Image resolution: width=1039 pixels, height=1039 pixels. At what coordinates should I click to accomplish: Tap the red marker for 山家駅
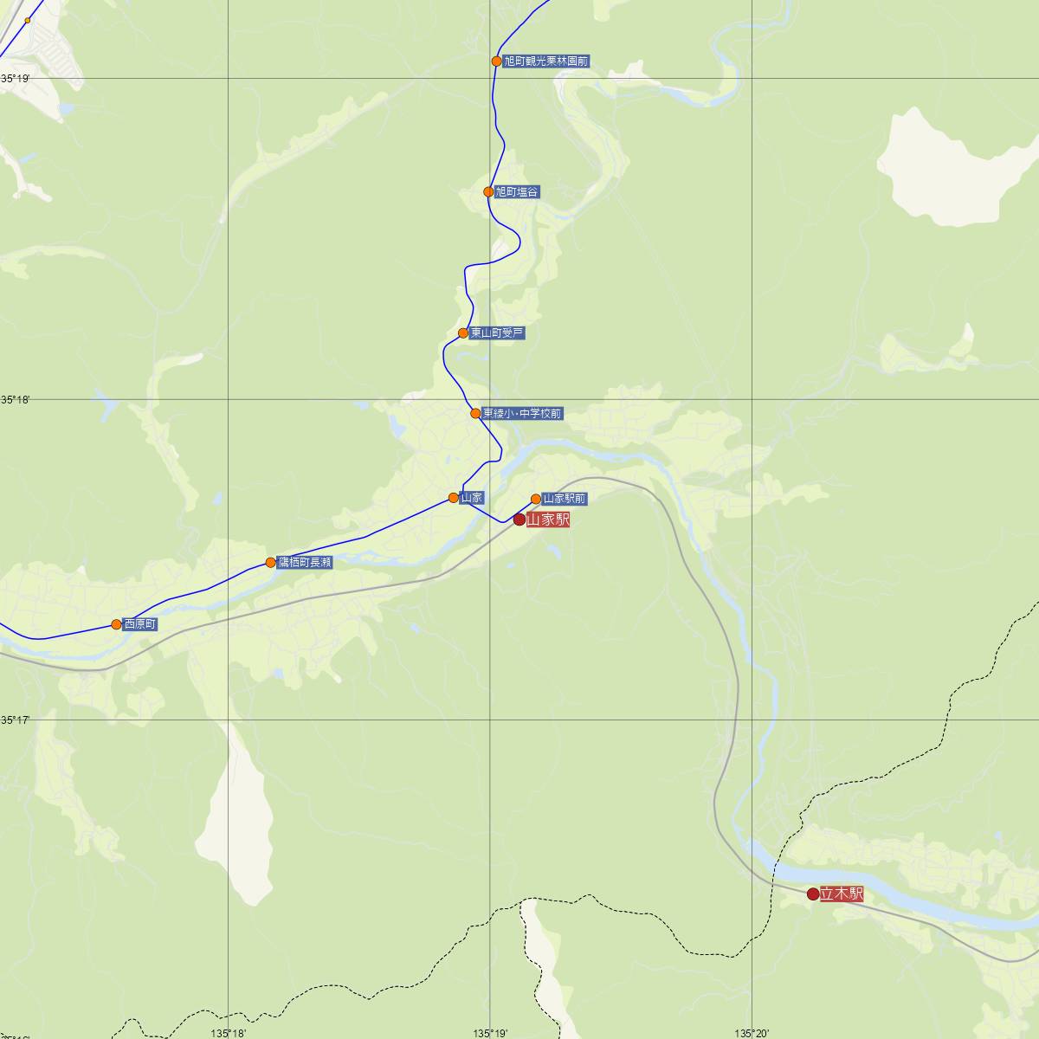[519, 519]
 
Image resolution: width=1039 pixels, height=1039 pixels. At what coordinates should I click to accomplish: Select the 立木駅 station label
[842, 894]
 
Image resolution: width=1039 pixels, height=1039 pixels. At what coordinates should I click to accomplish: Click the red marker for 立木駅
[813, 894]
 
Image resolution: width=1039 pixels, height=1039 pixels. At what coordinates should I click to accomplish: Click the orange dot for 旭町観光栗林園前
[496, 61]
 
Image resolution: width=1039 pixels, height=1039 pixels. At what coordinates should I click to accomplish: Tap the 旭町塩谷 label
[517, 192]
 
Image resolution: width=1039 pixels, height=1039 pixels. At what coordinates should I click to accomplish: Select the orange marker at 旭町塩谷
[488, 192]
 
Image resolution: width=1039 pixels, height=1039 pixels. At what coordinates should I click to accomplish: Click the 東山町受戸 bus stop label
[497, 332]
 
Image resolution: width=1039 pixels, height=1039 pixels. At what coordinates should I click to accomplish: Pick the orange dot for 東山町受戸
[463, 333]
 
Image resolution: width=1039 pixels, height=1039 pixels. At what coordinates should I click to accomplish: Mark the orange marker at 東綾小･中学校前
[475, 413]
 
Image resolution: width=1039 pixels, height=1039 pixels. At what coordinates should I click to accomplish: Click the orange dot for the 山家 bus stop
[453, 498]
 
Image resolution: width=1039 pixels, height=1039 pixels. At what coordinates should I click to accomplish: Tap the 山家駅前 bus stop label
[565, 499]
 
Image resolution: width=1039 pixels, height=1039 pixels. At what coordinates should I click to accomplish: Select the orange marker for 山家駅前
[536, 499]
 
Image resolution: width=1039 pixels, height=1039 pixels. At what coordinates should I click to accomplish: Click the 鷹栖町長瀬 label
[305, 563]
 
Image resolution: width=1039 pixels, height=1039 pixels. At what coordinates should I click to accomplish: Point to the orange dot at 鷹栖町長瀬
[270, 563]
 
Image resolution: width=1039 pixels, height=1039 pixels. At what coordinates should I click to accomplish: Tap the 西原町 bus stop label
[140, 624]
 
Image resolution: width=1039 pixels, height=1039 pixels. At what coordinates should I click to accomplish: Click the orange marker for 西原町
[116, 624]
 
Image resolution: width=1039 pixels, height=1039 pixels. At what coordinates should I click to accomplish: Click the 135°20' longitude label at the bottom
[752, 1032]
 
